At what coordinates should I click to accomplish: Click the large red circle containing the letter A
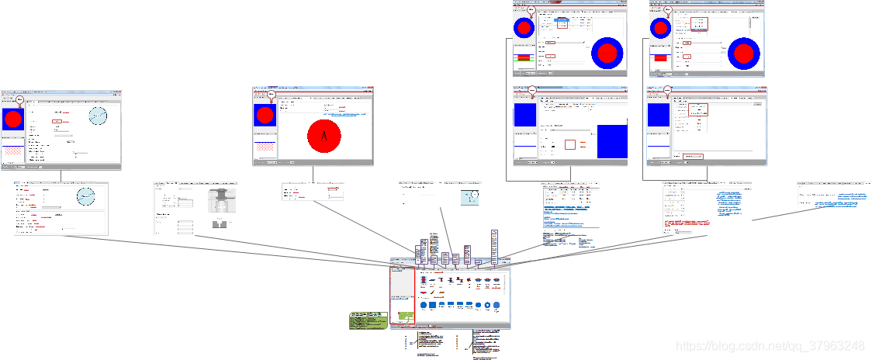pyautogui.click(x=324, y=137)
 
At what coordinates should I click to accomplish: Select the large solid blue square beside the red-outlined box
pyautogui.click(x=611, y=143)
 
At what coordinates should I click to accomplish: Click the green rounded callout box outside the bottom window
pyautogui.click(x=367, y=320)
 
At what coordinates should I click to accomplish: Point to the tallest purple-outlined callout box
pyautogui.click(x=494, y=247)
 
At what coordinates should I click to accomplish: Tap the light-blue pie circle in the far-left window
pyautogui.click(x=98, y=116)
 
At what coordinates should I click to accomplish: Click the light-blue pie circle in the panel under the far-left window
pyautogui.click(x=85, y=196)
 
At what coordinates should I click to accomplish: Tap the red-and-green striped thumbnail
pyautogui.click(x=523, y=57)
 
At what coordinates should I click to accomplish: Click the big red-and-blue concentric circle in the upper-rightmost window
pyautogui.click(x=744, y=54)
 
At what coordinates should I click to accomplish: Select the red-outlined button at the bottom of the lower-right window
pyautogui.click(x=692, y=157)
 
